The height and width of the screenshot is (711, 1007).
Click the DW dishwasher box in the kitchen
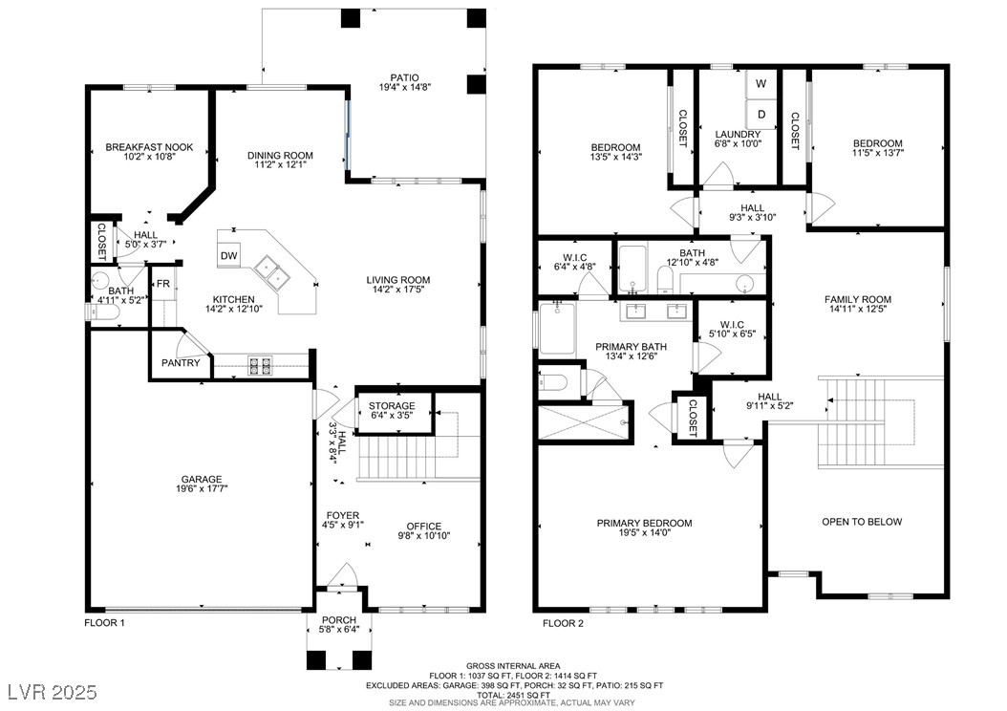[x=228, y=255]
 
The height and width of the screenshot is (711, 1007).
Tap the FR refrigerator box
[x=163, y=283]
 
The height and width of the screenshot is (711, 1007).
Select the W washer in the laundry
[x=761, y=83]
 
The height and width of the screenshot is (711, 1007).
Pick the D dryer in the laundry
[x=761, y=115]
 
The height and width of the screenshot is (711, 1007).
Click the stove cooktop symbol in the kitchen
[x=260, y=365]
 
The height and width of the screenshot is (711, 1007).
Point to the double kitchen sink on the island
[x=272, y=271]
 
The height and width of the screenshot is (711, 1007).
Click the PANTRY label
[x=181, y=363]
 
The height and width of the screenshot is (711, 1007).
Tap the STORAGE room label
[x=392, y=406]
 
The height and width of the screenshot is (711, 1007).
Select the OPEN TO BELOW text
[x=862, y=522]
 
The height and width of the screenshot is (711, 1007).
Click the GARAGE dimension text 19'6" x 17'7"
[x=202, y=488]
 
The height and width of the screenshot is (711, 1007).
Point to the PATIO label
[x=404, y=77]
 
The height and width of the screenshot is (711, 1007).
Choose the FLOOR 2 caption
[x=564, y=623]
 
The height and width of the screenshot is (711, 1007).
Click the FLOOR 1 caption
[x=105, y=622]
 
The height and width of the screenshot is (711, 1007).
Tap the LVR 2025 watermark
[x=53, y=692]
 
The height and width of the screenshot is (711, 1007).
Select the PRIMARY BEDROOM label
[x=645, y=523]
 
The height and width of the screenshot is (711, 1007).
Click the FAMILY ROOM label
[x=858, y=299]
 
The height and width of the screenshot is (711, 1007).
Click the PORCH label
[x=339, y=620]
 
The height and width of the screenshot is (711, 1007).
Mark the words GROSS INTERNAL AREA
[x=513, y=666]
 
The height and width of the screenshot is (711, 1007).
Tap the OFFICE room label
[x=424, y=526]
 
